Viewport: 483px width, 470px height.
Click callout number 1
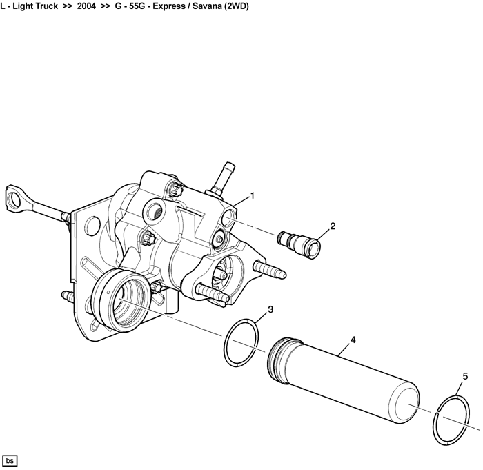[x=253, y=196]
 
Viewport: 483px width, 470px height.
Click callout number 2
[x=333, y=226]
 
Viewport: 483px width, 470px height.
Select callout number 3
[x=270, y=309]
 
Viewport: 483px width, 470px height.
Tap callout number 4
[x=353, y=340]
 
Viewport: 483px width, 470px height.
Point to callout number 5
[x=465, y=376]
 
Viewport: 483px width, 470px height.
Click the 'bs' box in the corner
[x=10, y=460]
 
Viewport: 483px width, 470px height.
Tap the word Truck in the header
[x=43, y=6]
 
